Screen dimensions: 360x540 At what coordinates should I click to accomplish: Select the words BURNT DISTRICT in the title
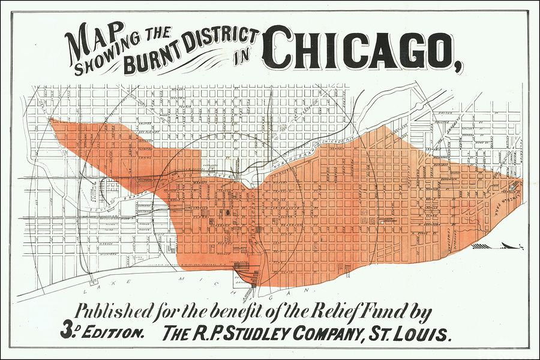point(189,53)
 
